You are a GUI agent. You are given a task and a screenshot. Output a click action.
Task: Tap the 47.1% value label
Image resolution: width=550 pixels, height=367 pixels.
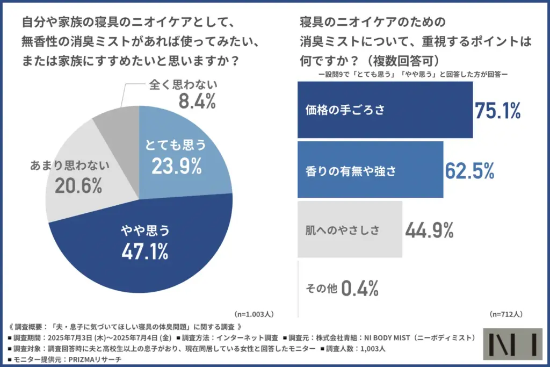pyautogui.click(x=144, y=250)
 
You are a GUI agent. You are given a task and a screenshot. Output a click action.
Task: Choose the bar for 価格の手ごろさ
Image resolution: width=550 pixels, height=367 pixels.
pyautogui.click(x=385, y=110)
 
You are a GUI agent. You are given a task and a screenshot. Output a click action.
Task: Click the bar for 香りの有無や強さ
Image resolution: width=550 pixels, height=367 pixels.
pyautogui.click(x=370, y=170)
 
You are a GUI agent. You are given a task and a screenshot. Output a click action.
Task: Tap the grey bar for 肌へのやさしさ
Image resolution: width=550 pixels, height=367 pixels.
pyautogui.click(x=350, y=229)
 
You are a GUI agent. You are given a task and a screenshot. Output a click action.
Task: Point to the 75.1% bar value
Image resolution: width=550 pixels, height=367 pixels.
pyautogui.click(x=498, y=110)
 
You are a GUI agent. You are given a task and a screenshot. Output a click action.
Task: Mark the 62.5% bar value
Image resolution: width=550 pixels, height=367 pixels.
pyautogui.click(x=469, y=170)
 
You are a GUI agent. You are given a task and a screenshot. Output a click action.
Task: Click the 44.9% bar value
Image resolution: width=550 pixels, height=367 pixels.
pyautogui.click(x=429, y=230)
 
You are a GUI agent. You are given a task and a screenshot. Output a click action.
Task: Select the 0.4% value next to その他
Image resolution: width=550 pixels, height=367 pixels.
pyautogui.click(x=360, y=289)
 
